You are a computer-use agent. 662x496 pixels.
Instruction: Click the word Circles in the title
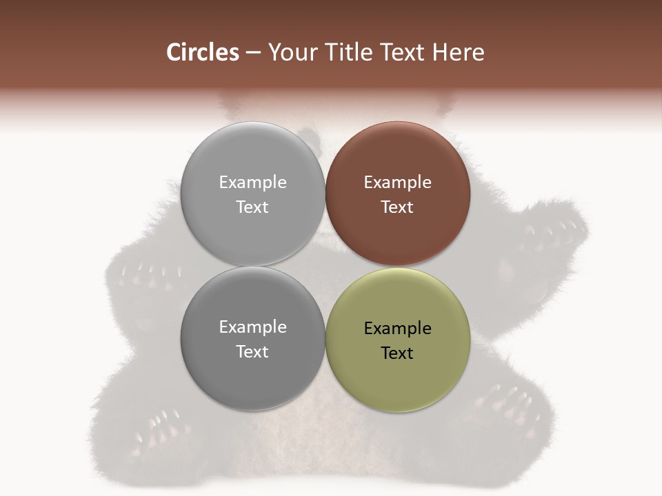[x=203, y=52]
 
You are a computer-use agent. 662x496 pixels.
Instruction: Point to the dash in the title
[x=253, y=53]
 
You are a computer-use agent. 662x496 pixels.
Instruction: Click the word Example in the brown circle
[x=397, y=183]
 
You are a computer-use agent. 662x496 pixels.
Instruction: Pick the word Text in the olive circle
[x=397, y=353]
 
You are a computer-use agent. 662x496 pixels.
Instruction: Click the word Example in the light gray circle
[x=252, y=183]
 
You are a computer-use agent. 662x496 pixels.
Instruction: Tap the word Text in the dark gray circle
[x=252, y=351]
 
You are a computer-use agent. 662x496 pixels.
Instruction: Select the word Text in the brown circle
[x=397, y=207]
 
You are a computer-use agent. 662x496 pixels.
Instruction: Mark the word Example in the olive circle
[x=397, y=329]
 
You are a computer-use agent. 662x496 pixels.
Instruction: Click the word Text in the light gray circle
[x=252, y=207]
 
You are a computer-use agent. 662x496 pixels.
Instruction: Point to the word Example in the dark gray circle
[x=252, y=327]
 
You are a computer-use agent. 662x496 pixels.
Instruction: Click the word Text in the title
[x=402, y=52]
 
